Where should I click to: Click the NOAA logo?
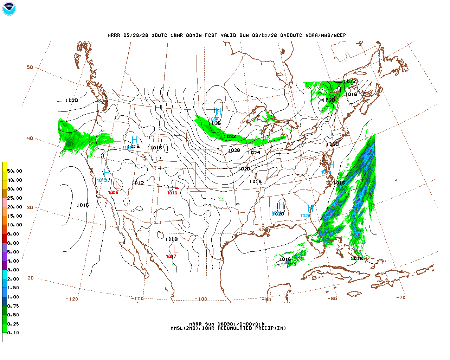(9, 9)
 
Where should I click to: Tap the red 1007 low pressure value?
(171, 257)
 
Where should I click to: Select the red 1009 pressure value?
(113, 193)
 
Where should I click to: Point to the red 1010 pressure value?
(172, 193)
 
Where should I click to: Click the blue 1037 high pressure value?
(213, 119)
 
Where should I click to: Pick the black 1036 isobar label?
(214, 123)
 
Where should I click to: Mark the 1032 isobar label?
(230, 137)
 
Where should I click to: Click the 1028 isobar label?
(234, 150)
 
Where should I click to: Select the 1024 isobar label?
(254, 153)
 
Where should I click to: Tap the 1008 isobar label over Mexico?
(172, 239)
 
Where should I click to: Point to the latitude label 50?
(30, 67)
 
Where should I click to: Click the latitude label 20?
(31, 278)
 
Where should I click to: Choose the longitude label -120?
(72, 299)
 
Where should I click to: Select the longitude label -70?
(401, 297)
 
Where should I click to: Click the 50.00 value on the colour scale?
(15, 171)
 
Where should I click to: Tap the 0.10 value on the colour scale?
(13, 333)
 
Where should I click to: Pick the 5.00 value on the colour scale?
(13, 252)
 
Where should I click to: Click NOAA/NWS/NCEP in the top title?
(326, 36)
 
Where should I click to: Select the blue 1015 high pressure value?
(102, 180)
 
